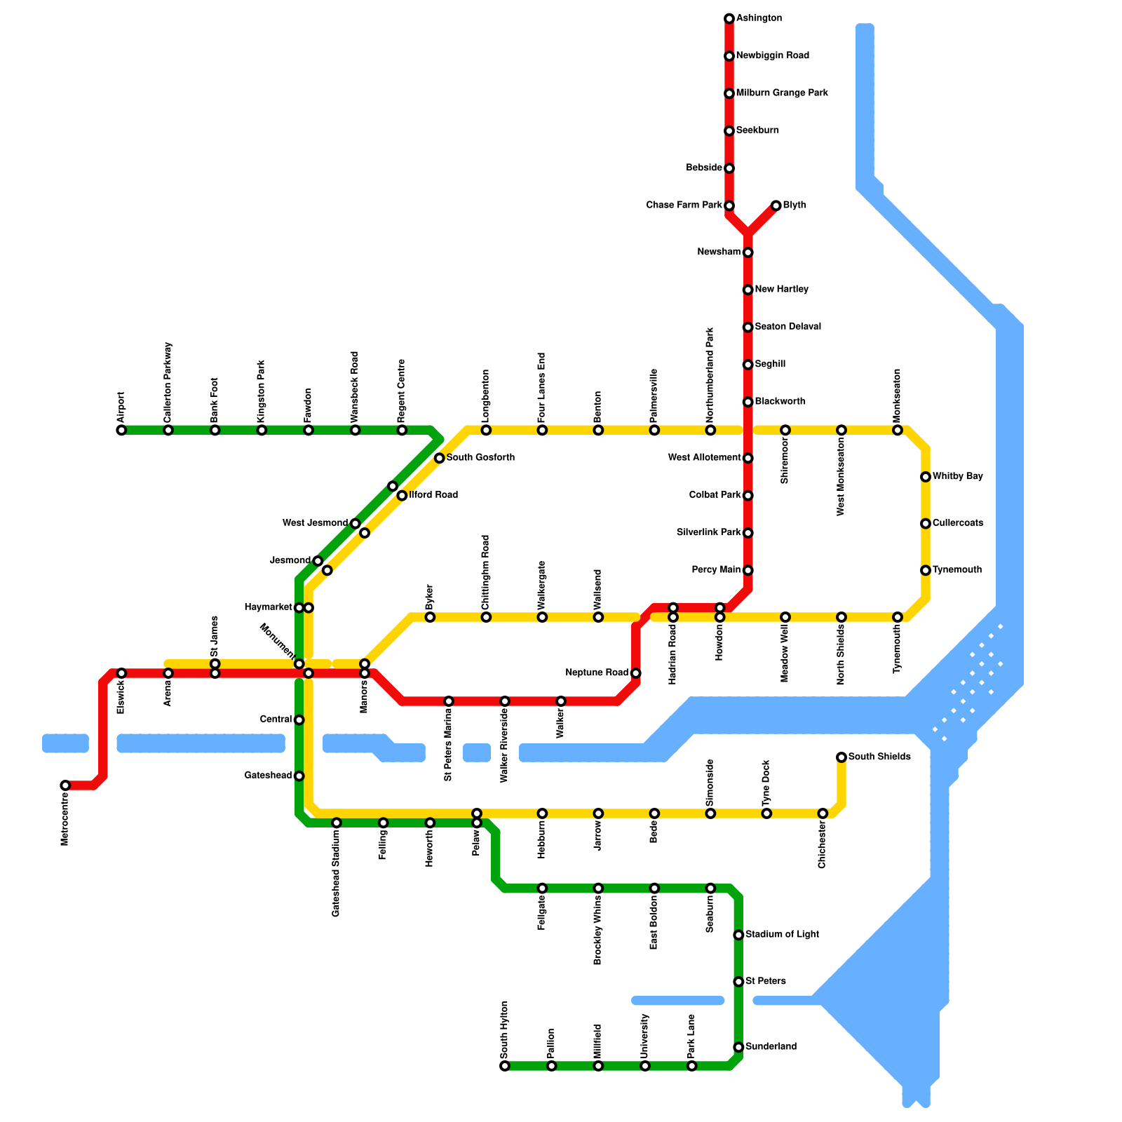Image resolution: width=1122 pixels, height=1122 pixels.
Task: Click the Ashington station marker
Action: [729, 18]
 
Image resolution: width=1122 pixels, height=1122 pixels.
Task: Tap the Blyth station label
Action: [795, 205]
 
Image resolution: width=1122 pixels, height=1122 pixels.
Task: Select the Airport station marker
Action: [121, 430]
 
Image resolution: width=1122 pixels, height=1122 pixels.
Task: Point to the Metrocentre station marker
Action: [65, 785]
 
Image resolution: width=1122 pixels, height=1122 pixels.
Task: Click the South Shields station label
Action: [879, 757]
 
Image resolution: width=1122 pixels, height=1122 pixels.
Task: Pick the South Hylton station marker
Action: [505, 1066]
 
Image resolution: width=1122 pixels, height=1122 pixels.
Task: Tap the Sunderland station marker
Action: [738, 1047]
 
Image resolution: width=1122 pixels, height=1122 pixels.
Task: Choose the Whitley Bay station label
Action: [957, 477]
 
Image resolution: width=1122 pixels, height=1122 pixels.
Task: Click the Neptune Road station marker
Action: [635, 673]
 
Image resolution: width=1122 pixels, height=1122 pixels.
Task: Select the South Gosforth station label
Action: [480, 458]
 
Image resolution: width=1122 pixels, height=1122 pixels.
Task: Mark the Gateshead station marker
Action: [299, 776]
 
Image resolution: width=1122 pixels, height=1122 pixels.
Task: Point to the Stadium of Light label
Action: [782, 935]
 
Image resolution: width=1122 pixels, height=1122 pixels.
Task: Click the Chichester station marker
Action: [823, 813]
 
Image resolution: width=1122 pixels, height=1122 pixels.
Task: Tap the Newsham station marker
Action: [748, 252]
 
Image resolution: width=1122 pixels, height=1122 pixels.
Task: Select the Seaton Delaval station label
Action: [788, 327]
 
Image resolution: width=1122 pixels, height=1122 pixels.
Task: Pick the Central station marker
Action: [299, 719]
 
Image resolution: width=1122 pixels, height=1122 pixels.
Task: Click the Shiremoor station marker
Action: [785, 430]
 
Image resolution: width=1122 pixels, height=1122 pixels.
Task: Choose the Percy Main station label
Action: [716, 570]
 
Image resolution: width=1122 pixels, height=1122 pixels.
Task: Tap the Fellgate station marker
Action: [542, 888]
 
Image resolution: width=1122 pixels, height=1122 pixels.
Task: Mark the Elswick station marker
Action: [121, 673]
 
